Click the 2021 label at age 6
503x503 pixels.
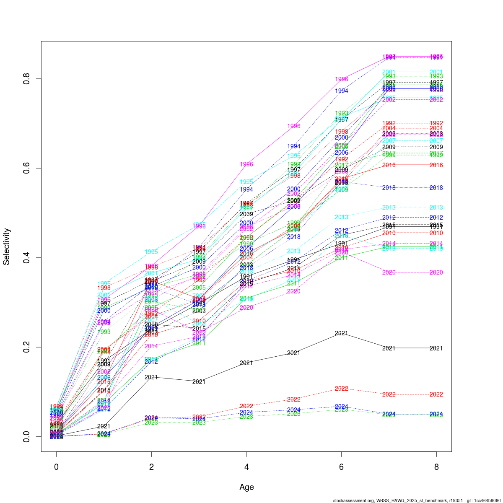tap(342, 333)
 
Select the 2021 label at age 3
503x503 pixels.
tap(199, 382)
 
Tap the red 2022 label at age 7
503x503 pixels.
tap(389, 394)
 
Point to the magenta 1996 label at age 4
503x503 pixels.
tap(246, 164)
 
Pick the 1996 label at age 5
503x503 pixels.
tap(294, 126)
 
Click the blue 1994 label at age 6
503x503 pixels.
tap(342, 91)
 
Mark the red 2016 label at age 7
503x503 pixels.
tap(389, 165)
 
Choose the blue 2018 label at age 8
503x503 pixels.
tap(436, 188)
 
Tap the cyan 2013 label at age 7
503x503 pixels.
tap(389, 207)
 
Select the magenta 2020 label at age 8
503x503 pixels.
tap(436, 272)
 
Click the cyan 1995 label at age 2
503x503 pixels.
tap(151, 252)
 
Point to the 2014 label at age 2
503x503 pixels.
tap(151, 346)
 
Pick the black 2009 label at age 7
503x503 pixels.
tap(389, 147)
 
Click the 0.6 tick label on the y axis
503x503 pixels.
tap(26, 168)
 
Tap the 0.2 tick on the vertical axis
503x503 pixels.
tap(26, 347)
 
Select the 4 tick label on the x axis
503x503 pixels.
tap(246, 467)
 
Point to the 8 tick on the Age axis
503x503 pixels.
tap(436, 467)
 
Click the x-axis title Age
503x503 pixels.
tap(246, 487)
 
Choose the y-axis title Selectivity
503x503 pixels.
tap(7, 246)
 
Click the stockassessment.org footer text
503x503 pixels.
tap(417, 500)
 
